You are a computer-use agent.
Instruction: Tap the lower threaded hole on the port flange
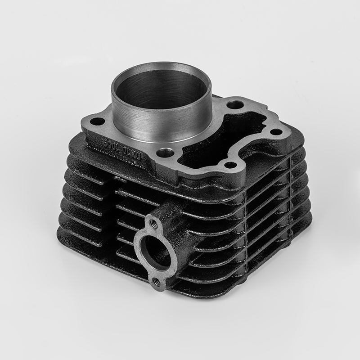[156, 282]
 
